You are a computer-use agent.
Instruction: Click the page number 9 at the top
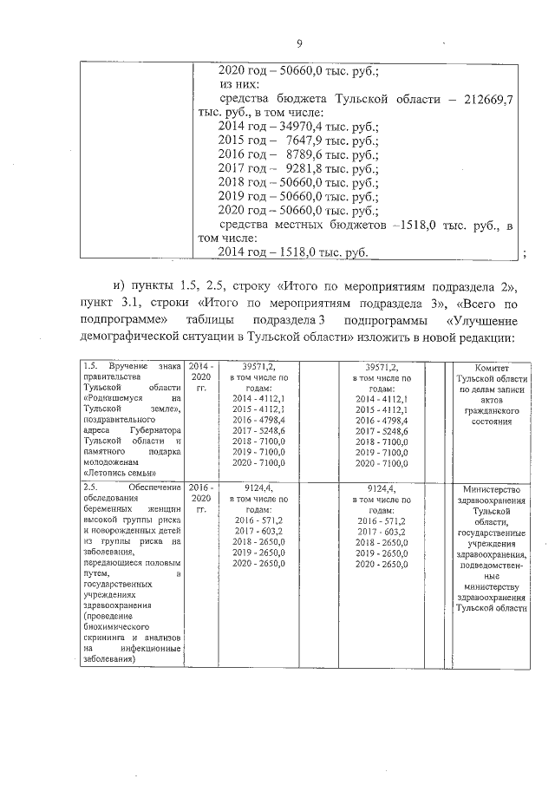click(x=298, y=45)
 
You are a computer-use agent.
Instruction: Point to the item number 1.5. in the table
click(x=87, y=367)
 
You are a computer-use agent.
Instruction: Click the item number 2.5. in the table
click(x=87, y=488)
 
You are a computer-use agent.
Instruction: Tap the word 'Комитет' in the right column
click(x=492, y=368)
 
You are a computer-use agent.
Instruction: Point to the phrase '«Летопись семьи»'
click(x=114, y=474)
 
